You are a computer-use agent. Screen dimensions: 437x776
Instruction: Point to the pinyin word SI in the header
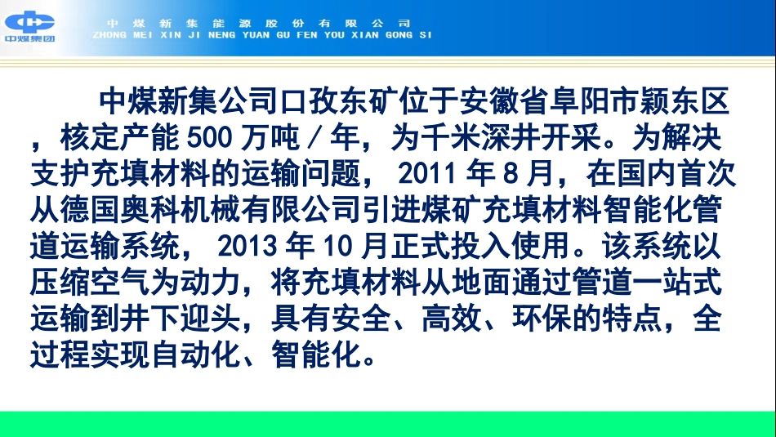coord(424,35)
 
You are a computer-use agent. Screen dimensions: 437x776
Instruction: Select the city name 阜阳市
coord(582,102)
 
